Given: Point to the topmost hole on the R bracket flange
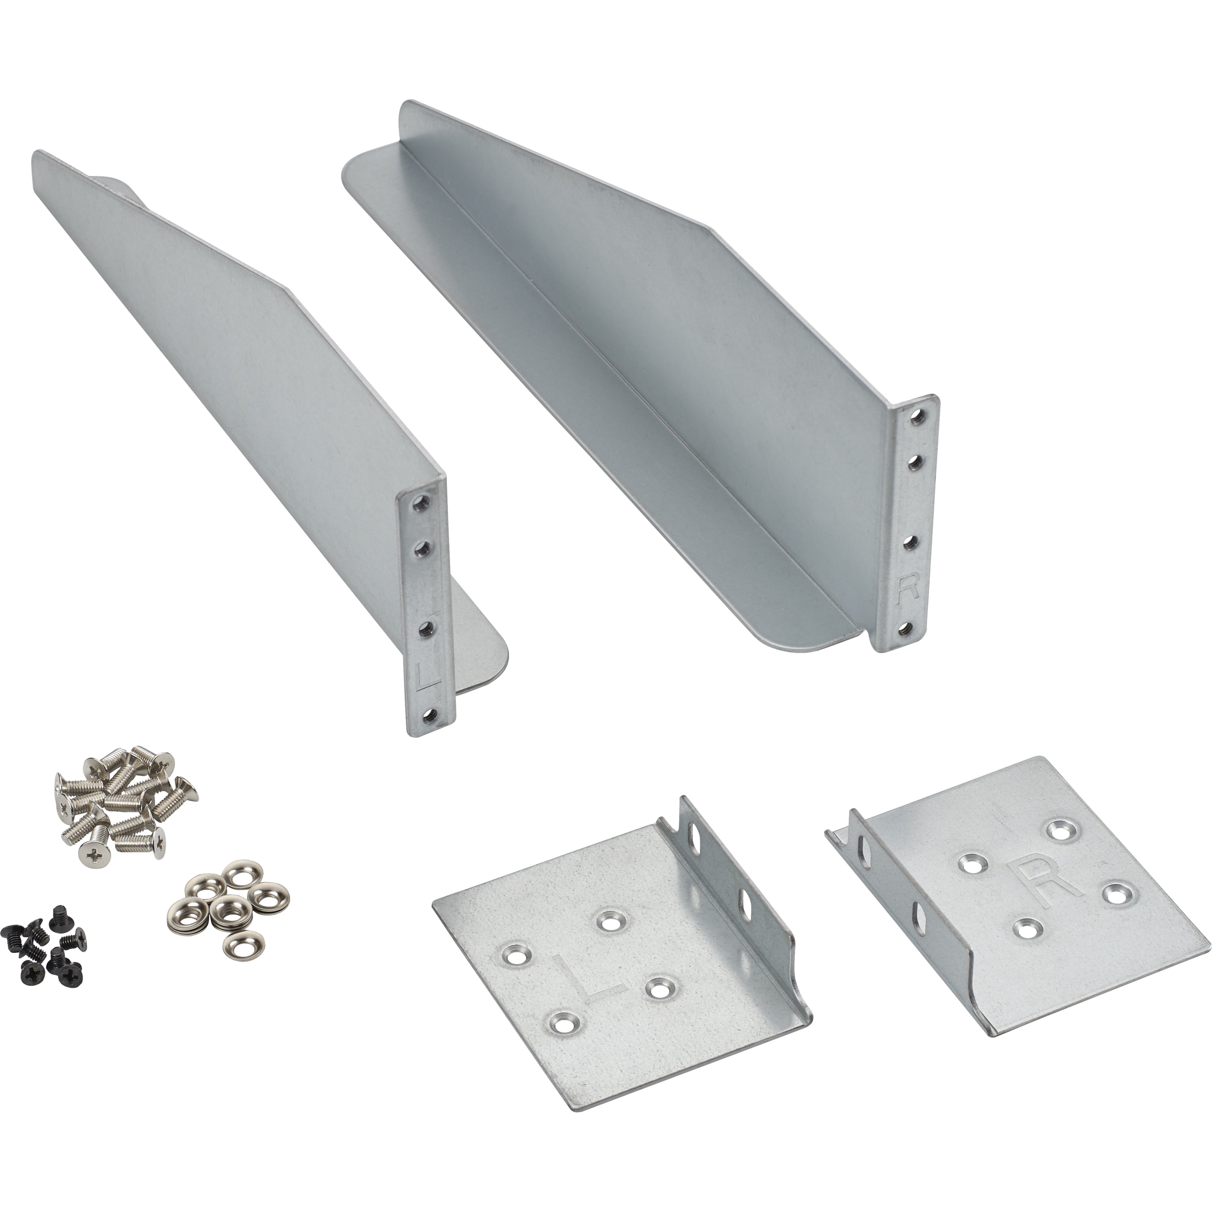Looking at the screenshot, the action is [918, 415].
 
